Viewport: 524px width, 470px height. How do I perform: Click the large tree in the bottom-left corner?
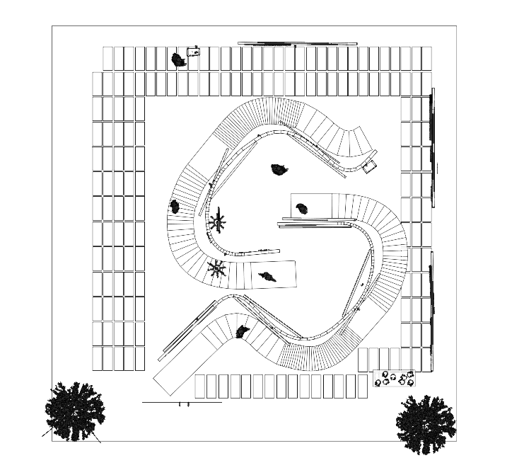(x=74, y=411)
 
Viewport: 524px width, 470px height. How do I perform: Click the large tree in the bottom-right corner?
(x=425, y=423)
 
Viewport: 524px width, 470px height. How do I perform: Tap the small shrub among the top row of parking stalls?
(x=178, y=60)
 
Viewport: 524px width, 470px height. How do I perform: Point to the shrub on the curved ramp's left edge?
(x=175, y=207)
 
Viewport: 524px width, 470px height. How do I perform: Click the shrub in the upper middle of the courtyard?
(x=280, y=169)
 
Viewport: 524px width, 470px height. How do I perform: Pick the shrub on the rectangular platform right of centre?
(x=302, y=208)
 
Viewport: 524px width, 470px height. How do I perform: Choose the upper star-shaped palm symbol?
(x=217, y=222)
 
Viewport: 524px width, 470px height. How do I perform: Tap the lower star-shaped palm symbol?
(x=216, y=268)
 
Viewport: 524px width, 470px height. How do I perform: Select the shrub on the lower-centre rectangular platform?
(x=267, y=276)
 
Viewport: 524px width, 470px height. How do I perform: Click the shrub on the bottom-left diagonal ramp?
(x=243, y=331)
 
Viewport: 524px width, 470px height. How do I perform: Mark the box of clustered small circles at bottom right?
(x=393, y=379)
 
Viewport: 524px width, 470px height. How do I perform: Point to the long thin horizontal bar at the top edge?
(x=297, y=44)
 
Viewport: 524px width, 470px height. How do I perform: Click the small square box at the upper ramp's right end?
(x=370, y=167)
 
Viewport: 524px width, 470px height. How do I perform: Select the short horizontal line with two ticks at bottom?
(x=182, y=403)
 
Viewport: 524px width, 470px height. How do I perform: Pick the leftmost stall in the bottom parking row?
(x=200, y=386)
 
